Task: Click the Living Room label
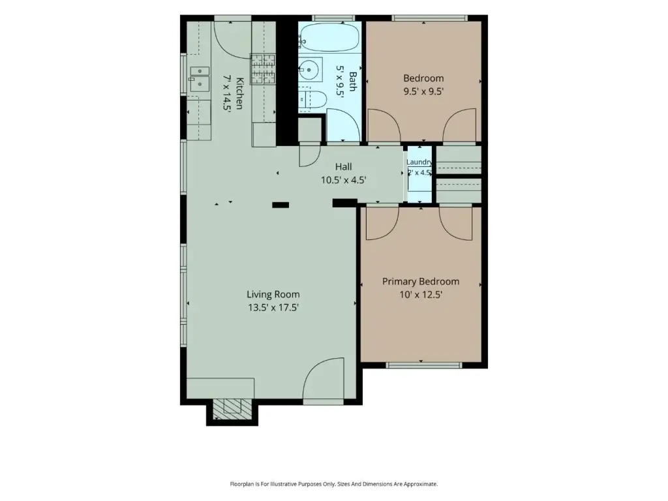pos(273,294)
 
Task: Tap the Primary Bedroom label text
pos(421,281)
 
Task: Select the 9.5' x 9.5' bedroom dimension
pos(423,91)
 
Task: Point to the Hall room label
pos(343,166)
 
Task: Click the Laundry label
pos(419,162)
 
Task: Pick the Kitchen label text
pos(239,93)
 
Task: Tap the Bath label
pos(353,81)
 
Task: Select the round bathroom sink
pos(309,69)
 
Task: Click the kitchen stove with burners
pos(262,68)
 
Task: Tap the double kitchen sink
pos(199,79)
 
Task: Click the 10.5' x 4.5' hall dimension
pos(343,180)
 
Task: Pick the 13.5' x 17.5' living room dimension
pos(273,307)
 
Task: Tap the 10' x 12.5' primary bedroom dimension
pos(421,294)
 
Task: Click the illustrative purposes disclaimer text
pos(334,484)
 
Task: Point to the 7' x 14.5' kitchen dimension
pos(226,93)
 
